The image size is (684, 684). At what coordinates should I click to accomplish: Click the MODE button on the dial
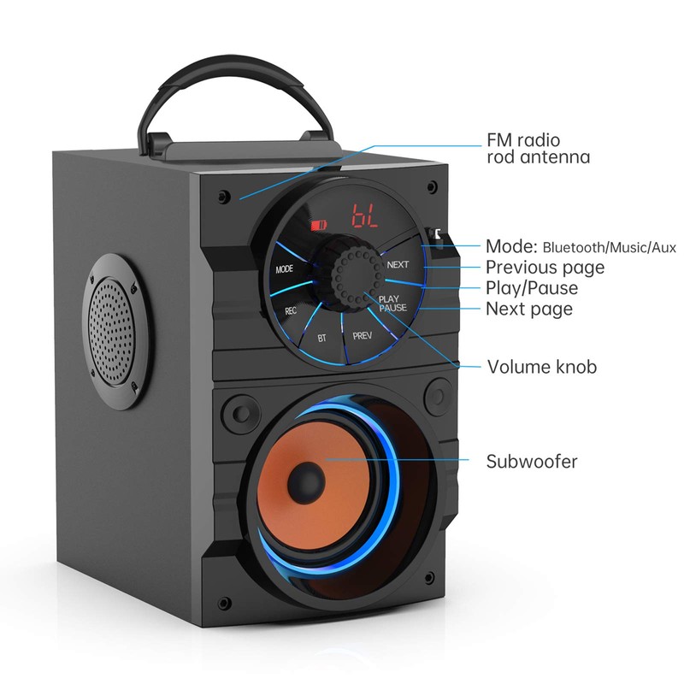[x=285, y=269]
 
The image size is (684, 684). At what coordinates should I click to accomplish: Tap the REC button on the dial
[x=291, y=311]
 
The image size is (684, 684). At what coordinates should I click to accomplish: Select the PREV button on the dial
[x=362, y=336]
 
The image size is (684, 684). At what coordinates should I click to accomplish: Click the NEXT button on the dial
[x=398, y=264]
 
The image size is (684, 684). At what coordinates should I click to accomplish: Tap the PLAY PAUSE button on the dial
[x=393, y=303]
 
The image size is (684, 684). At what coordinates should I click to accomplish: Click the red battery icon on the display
[x=318, y=226]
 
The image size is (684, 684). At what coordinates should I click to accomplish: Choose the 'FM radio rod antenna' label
[x=538, y=148]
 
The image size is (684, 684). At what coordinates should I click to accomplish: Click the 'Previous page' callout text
[x=545, y=267]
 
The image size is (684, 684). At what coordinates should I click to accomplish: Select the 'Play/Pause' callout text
[x=532, y=288]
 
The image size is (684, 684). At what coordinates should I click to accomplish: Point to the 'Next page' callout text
[x=529, y=309]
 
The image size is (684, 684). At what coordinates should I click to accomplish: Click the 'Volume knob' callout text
[x=541, y=367]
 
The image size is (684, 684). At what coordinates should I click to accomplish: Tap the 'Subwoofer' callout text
[x=532, y=462]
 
